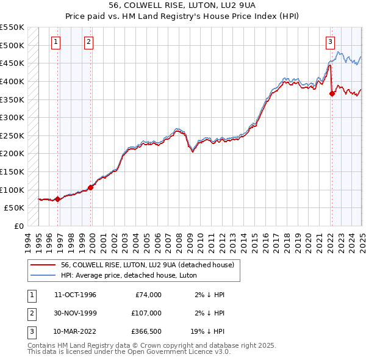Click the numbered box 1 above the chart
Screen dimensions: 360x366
tap(56, 42)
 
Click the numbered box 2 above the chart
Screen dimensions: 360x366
tap(88, 42)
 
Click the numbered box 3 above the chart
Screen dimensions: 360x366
tap(330, 42)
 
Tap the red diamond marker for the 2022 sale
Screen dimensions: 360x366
tap(332, 93)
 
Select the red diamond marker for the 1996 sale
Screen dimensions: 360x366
tap(57, 199)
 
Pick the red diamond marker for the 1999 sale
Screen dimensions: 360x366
tap(91, 187)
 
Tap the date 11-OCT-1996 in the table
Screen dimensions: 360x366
tap(76, 295)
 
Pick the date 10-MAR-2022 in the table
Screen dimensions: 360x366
tap(76, 333)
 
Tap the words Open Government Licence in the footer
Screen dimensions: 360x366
tap(178, 352)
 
